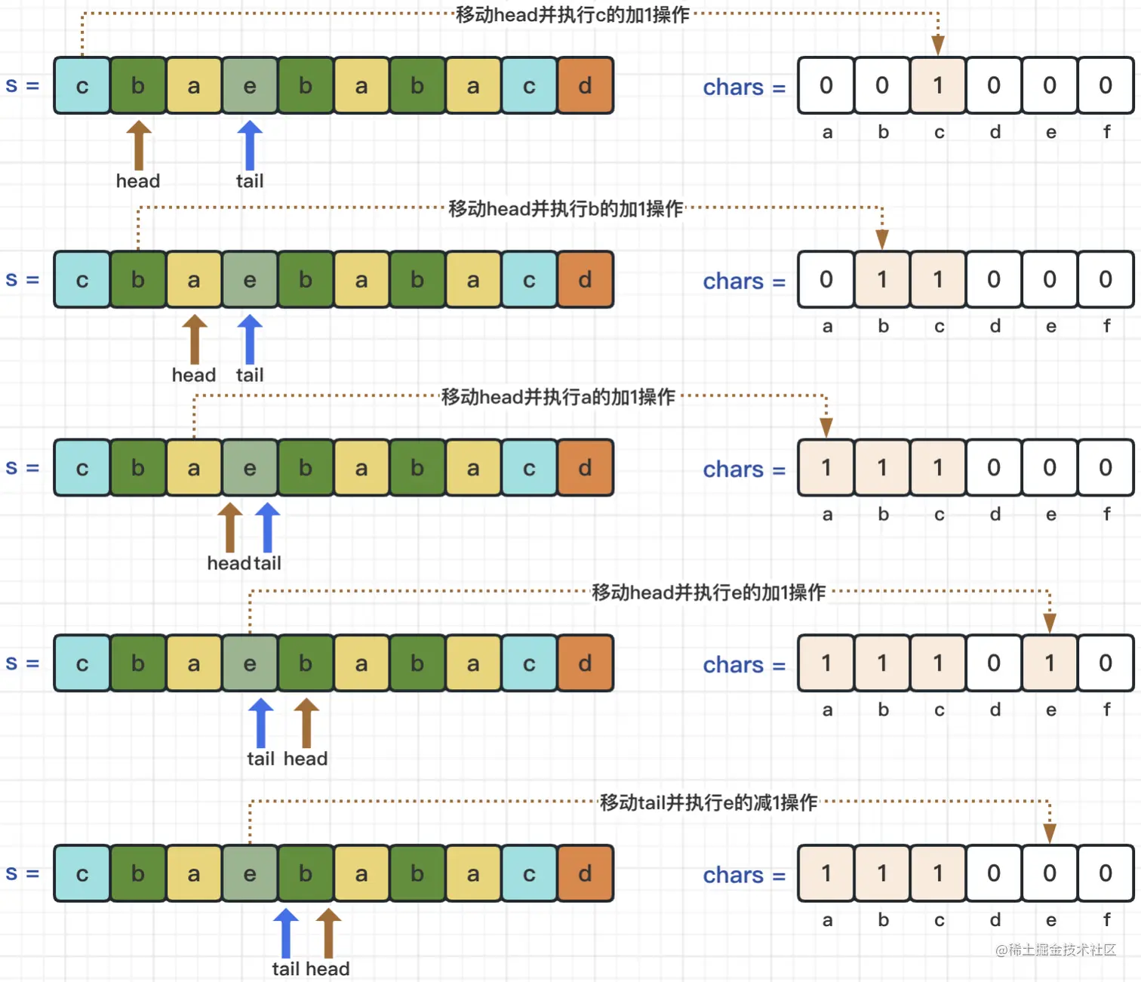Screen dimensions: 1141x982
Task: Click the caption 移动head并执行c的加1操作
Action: point(573,15)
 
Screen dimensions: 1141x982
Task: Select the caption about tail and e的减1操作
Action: point(709,802)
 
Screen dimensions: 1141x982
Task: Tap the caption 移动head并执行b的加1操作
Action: point(566,209)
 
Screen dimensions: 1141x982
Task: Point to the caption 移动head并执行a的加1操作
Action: point(558,397)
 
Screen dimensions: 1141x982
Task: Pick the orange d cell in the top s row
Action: point(585,85)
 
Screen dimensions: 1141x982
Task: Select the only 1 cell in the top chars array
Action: point(938,85)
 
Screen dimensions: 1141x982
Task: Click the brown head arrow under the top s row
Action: point(139,145)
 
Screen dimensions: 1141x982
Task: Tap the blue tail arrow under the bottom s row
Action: point(286,933)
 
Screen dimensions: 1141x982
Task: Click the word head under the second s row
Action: point(194,375)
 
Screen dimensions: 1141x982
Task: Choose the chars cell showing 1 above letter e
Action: point(1050,663)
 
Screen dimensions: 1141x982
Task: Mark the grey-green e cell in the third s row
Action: point(250,468)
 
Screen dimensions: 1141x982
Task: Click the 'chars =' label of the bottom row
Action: point(744,876)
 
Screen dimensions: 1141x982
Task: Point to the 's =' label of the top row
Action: point(23,85)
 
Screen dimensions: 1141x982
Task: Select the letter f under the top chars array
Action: point(1107,132)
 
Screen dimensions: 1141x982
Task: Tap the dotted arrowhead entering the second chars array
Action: point(882,239)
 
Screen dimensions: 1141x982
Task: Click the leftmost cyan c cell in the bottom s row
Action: point(82,873)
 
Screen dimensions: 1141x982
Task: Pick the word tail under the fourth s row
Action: point(260,759)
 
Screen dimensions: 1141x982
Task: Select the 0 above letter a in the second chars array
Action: point(826,279)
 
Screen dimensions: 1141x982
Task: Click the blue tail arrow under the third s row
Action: point(268,527)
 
